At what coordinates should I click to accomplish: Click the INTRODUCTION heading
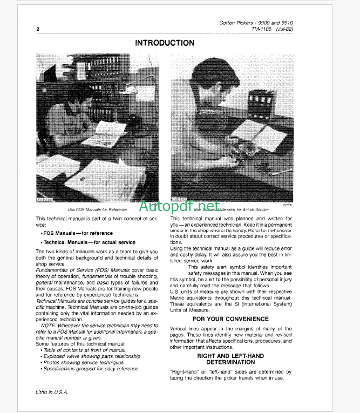click(165, 43)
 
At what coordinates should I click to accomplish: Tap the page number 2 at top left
click(37, 30)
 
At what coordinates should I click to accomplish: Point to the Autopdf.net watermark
click(179, 206)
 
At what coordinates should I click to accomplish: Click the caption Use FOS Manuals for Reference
click(97, 209)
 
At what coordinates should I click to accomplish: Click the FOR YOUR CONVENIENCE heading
click(230, 319)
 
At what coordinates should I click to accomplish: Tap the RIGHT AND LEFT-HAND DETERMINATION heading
click(230, 359)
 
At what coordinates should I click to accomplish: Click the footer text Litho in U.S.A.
click(52, 392)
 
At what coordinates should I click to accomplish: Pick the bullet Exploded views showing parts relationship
click(91, 356)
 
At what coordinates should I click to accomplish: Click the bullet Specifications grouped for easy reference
click(91, 369)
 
